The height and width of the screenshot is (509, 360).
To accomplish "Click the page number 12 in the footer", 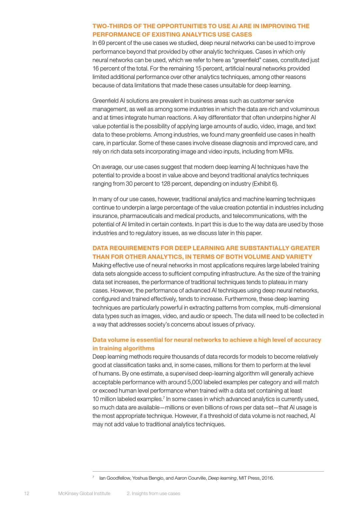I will tap(27, 493).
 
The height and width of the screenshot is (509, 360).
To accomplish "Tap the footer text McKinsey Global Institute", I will tap(84, 493).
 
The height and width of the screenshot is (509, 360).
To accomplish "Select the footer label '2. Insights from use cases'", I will tap(153, 493).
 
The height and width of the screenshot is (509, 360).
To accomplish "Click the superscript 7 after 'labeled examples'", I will tap(164, 397).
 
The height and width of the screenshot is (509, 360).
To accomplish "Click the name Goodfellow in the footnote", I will tap(118, 478).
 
